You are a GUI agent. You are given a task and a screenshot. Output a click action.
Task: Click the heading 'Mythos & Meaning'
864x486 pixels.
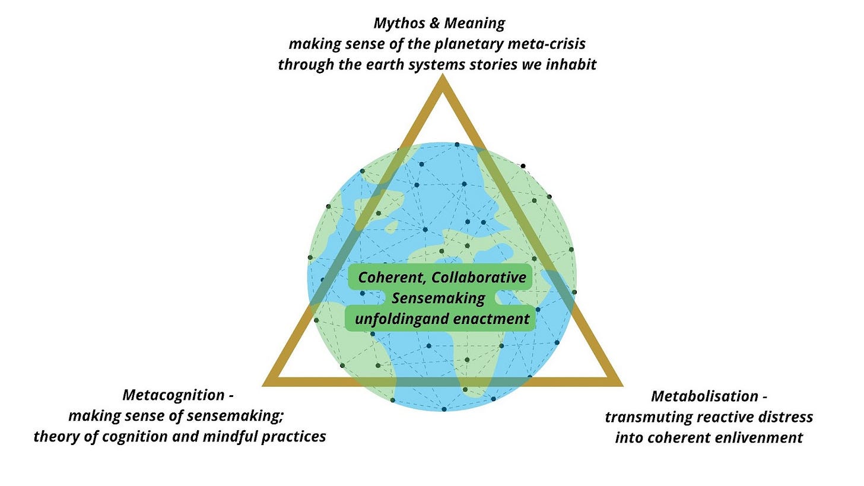[x=439, y=24]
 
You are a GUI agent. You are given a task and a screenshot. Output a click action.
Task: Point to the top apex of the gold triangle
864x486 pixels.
[x=442, y=81]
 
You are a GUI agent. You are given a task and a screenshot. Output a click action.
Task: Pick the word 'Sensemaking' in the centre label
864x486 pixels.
[x=439, y=298]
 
